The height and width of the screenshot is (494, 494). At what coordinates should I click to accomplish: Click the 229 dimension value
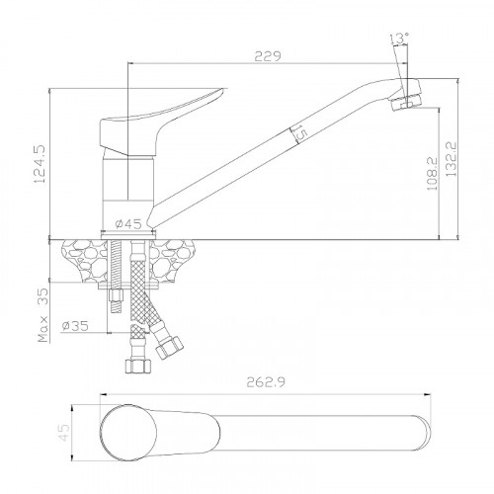tap(268, 56)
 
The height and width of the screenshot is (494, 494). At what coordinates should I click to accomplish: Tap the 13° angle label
tap(400, 39)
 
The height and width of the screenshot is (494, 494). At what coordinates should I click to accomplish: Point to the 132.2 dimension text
tap(452, 159)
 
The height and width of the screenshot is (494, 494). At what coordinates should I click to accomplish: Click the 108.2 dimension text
tap(432, 174)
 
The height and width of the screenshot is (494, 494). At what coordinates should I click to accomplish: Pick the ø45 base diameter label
tap(128, 224)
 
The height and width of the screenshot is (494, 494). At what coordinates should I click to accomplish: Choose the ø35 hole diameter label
tap(75, 326)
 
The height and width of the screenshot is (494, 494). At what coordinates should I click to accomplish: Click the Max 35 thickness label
tap(43, 315)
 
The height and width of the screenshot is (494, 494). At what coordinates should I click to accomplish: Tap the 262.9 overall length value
tap(266, 382)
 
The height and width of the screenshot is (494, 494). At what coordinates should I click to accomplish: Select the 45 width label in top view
tap(64, 433)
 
